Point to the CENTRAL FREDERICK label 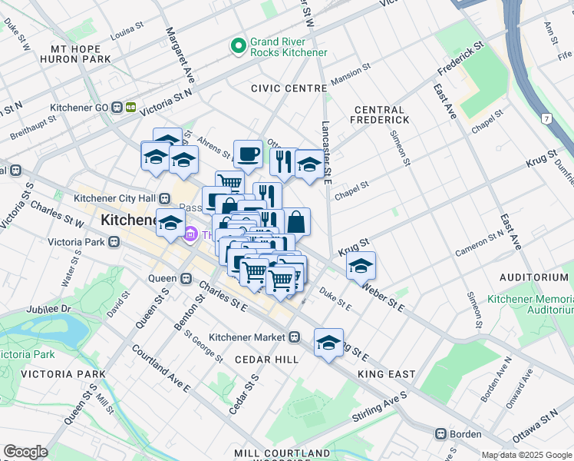(380, 114)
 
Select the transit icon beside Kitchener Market (294, 337)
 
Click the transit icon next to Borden (441, 433)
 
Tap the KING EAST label (386, 374)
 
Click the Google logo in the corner (25, 452)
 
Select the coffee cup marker (248, 154)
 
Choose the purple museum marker (191, 234)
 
